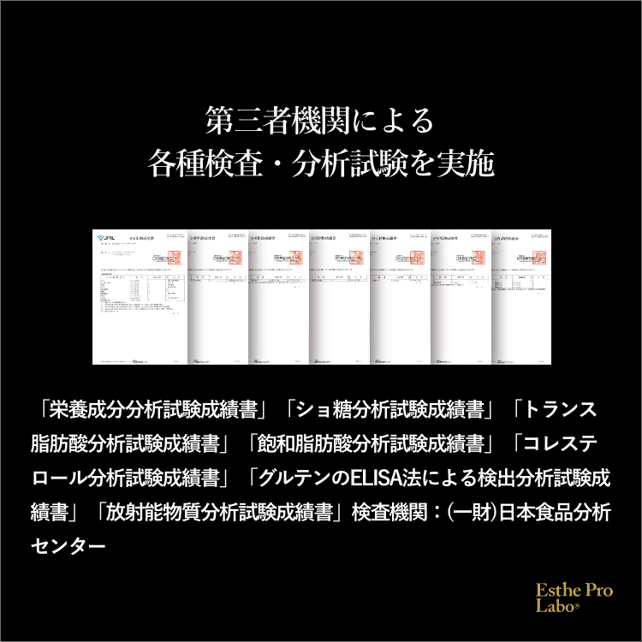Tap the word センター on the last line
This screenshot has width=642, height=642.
[67, 545]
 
